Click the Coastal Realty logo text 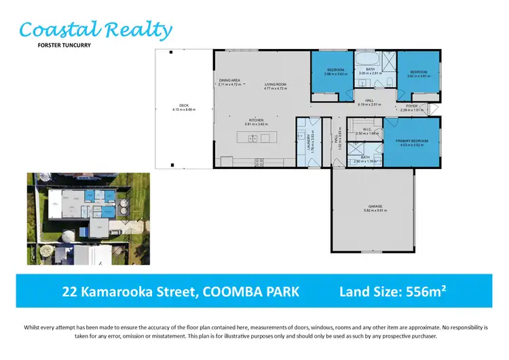coord(95,31)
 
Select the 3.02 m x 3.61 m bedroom coord(417,74)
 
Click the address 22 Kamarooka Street coord(180,292)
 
